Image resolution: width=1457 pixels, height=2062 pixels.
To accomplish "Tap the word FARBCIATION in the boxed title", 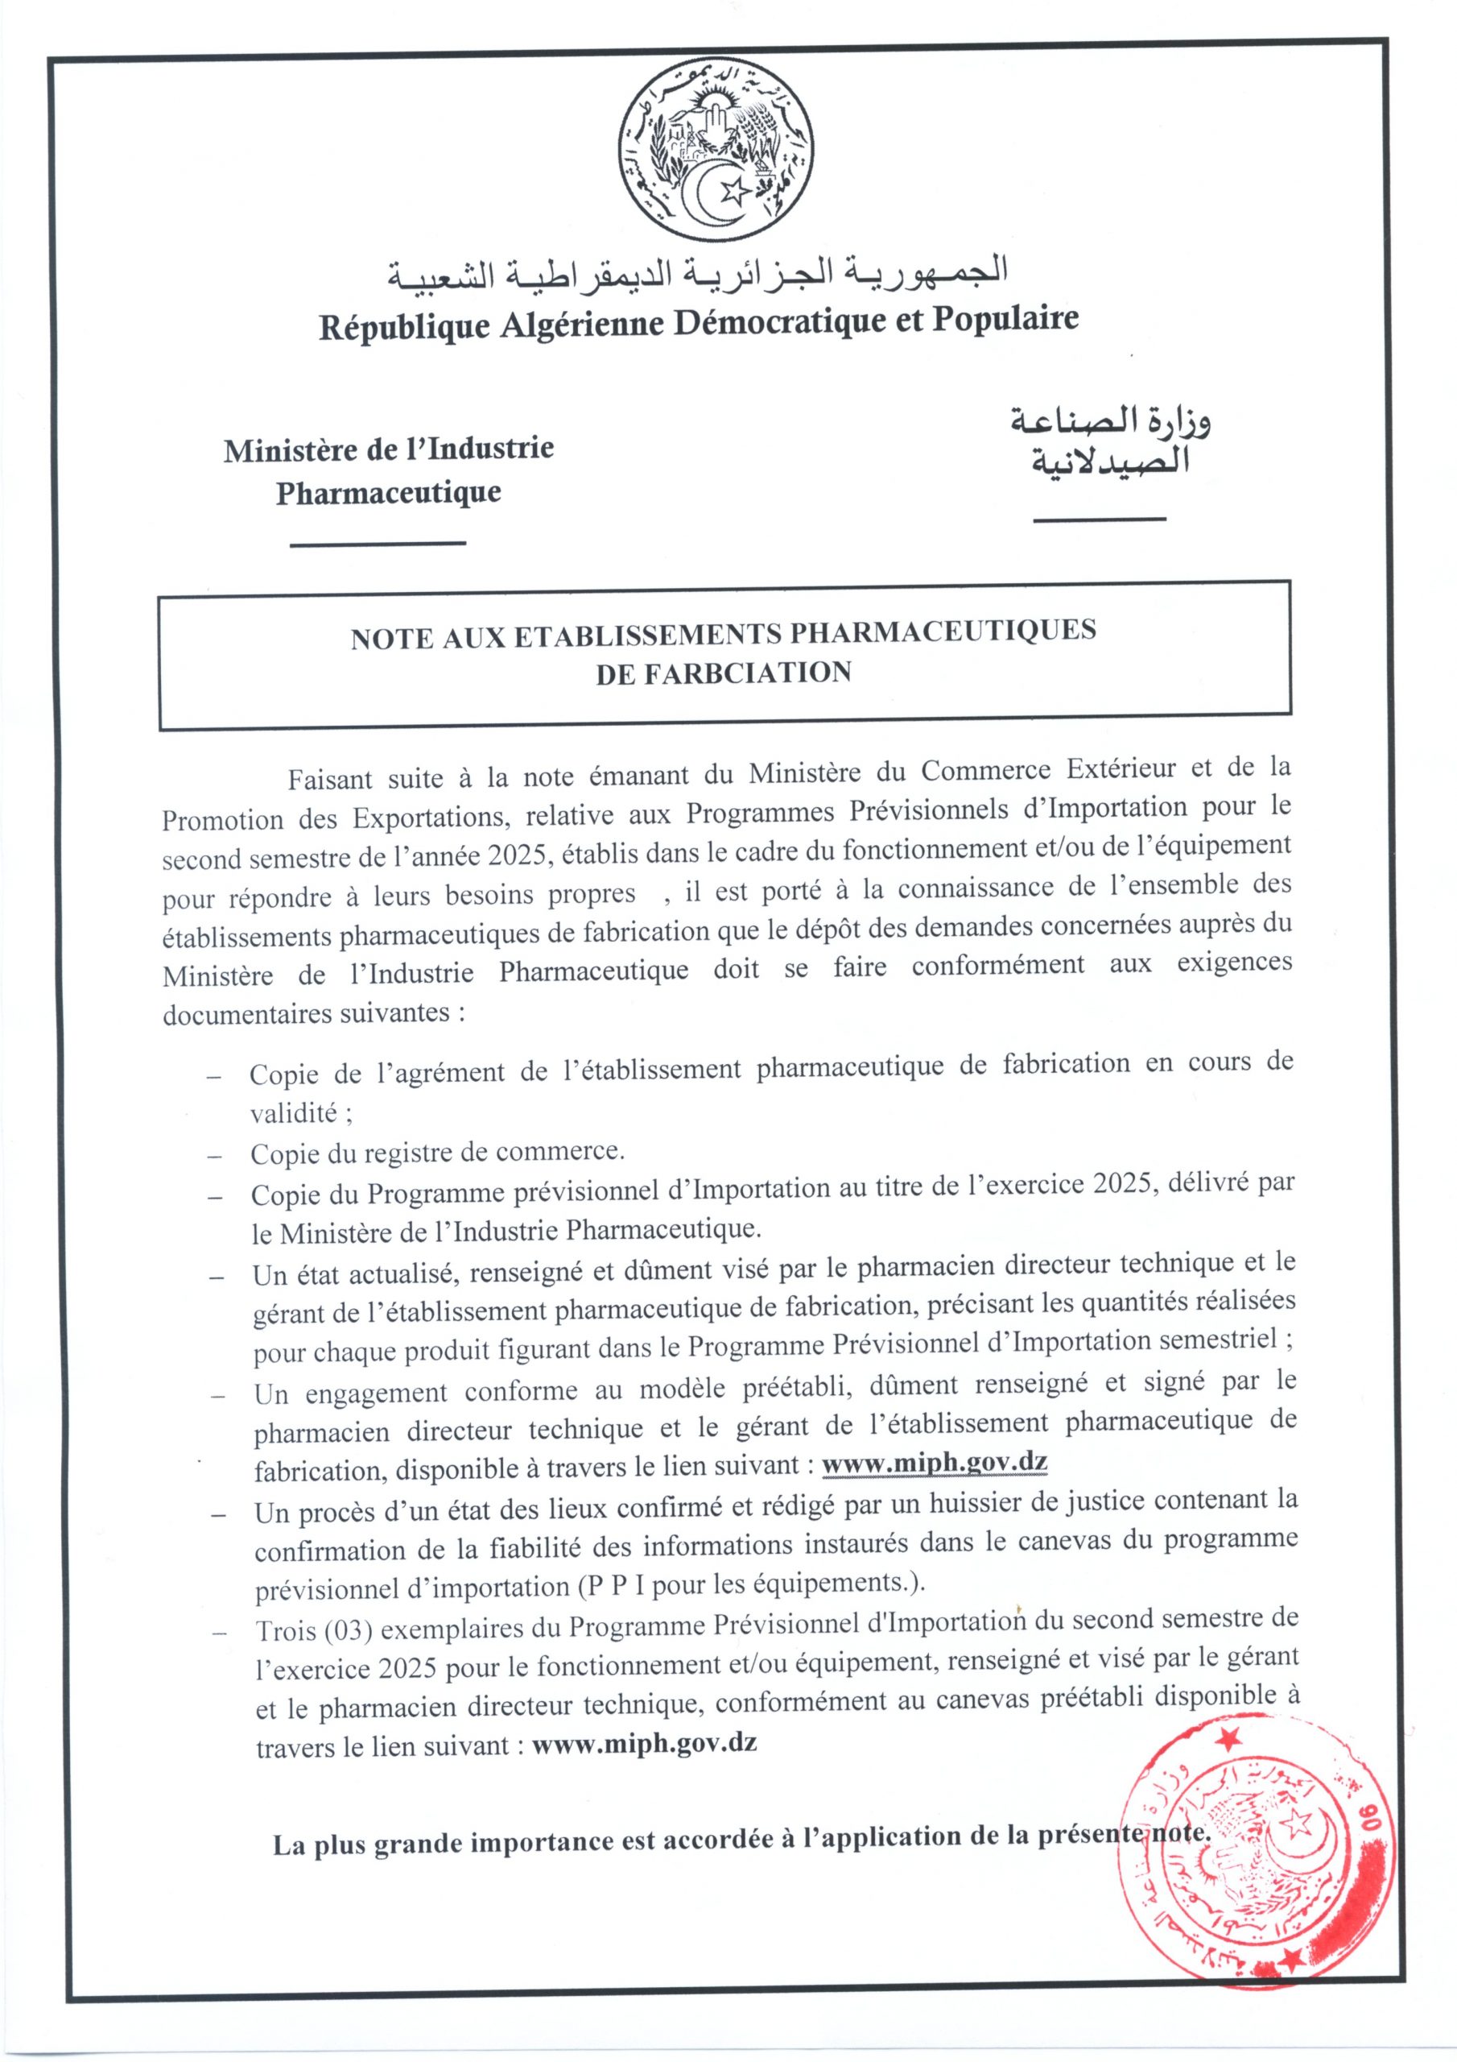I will point(724,673).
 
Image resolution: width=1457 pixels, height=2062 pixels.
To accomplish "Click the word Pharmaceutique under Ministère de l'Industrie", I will point(388,493).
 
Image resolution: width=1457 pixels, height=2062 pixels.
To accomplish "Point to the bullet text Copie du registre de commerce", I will point(437,1153).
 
